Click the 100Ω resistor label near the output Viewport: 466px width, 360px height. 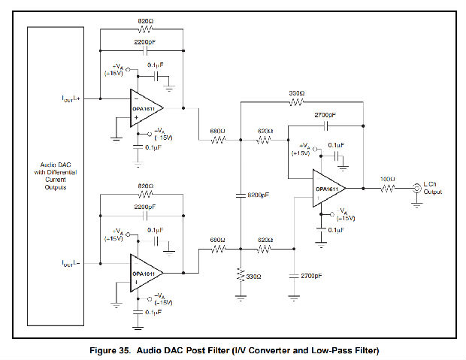pyautogui.click(x=386, y=179)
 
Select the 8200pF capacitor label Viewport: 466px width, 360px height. pyautogui.click(x=256, y=195)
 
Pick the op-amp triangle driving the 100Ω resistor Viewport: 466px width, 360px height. pyautogui.click(x=330, y=189)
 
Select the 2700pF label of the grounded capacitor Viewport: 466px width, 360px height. pyautogui.click(x=312, y=277)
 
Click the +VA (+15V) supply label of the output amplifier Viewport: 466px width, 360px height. pyautogui.click(x=303, y=150)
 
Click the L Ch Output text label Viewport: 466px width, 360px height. pyautogui.click(x=432, y=188)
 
